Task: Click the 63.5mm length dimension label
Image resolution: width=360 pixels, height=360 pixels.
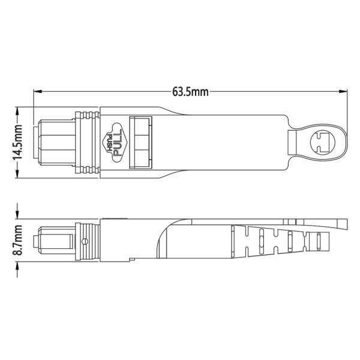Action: point(190,92)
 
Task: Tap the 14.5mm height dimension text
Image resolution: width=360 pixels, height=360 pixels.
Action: point(18,142)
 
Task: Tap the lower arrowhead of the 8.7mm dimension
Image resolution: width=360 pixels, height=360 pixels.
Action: point(18,262)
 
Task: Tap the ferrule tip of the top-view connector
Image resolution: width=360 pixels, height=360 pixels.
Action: point(37,143)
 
